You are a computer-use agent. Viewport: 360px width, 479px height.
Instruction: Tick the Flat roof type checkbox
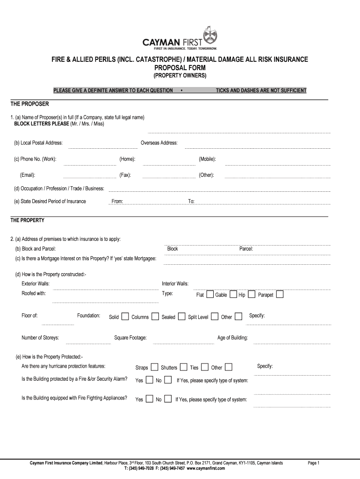(210, 294)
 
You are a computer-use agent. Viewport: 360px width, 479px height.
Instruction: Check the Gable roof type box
(233, 294)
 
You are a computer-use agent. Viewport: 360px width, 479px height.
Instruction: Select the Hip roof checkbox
(252, 294)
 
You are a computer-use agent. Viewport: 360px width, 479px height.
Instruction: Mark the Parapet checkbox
(280, 294)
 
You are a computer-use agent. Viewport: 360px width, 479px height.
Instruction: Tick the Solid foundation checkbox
(125, 317)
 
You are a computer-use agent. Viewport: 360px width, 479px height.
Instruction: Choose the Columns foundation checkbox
(155, 317)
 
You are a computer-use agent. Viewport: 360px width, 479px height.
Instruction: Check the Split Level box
(215, 317)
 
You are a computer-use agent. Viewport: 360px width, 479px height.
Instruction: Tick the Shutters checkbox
(184, 367)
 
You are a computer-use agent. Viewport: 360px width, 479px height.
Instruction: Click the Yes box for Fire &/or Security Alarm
(149, 380)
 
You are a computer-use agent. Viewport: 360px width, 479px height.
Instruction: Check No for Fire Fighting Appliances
(168, 399)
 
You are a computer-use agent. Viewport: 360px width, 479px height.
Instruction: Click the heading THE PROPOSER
(29, 103)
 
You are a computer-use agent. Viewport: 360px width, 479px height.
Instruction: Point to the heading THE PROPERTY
(28, 220)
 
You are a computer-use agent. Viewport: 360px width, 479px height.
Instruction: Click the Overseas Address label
(159, 143)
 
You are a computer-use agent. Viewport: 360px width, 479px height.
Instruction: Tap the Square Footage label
(130, 338)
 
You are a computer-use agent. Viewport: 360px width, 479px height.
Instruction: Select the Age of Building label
(232, 338)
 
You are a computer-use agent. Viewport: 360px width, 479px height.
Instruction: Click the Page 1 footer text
(313, 463)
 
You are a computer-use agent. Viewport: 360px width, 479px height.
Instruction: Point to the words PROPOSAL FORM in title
(180, 68)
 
